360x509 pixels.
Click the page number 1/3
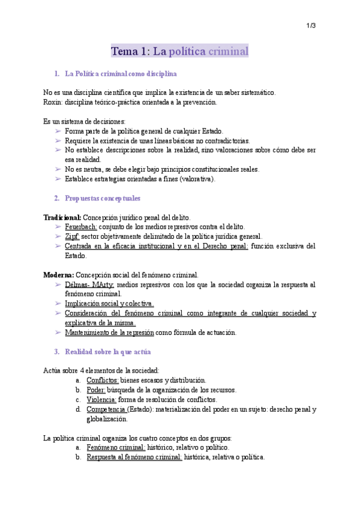311,25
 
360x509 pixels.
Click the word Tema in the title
125,52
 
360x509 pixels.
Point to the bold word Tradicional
62,217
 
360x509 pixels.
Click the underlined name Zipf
72,236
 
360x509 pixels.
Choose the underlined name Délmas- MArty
89,285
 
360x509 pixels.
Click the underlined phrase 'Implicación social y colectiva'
109,304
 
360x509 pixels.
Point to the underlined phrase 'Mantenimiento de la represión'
109,333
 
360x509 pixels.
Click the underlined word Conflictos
102,380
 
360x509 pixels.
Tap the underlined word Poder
95,390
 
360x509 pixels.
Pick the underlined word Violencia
101,399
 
